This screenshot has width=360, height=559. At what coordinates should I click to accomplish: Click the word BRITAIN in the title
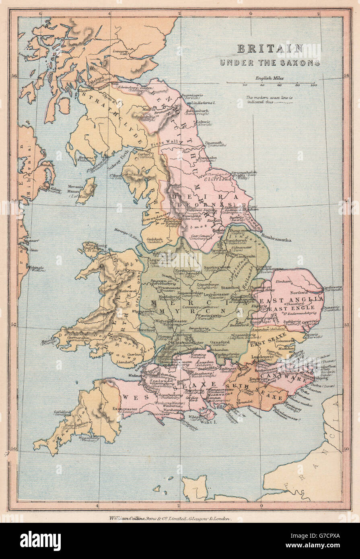(x=270, y=49)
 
